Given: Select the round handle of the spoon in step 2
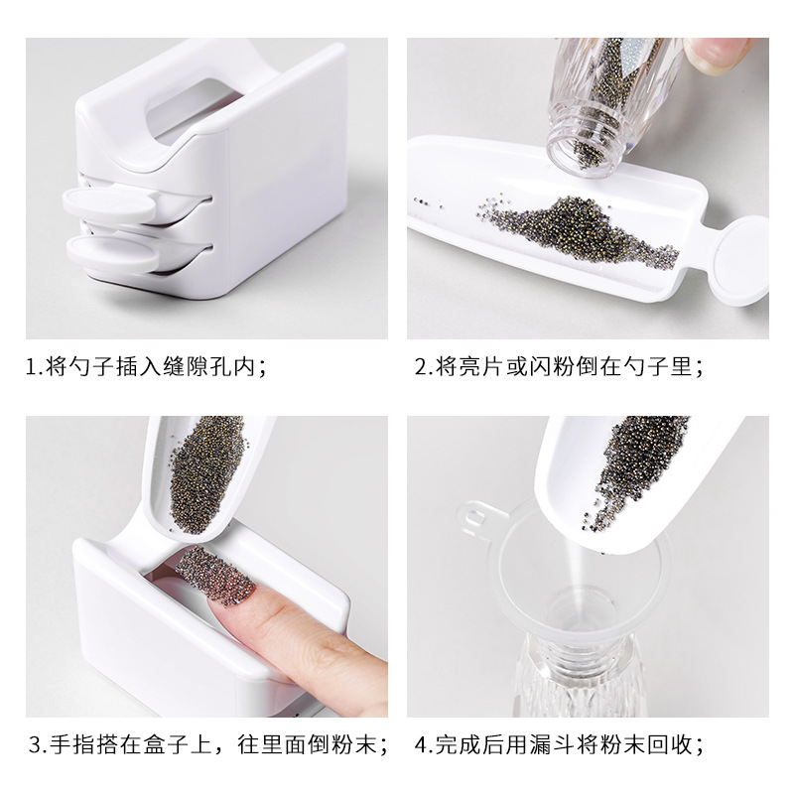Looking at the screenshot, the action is [740, 261].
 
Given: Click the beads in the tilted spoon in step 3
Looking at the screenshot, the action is [204, 473].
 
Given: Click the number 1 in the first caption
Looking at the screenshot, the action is [31, 366].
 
